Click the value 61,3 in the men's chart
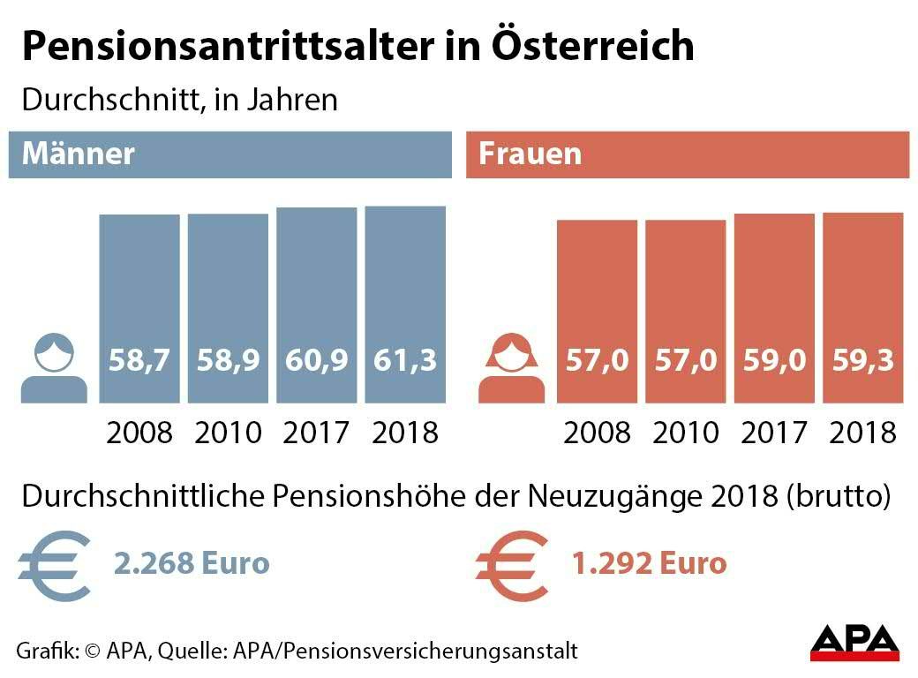click(x=405, y=360)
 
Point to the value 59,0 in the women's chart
click(x=774, y=360)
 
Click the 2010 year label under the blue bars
click(x=228, y=433)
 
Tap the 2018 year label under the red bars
click(x=863, y=433)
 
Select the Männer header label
click(x=79, y=154)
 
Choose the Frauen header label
click(x=530, y=154)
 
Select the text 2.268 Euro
click(x=192, y=562)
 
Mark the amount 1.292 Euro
click(x=649, y=562)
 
